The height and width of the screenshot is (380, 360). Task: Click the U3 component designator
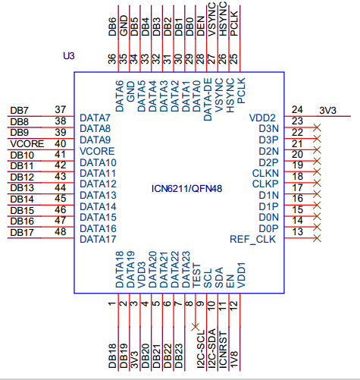point(69,55)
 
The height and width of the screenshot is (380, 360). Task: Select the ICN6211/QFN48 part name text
point(186,189)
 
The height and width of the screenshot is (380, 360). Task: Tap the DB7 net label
point(19,111)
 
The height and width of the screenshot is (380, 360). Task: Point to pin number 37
point(61,110)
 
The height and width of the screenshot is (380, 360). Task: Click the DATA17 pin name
point(98,239)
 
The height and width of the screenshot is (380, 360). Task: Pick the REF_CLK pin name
point(252,239)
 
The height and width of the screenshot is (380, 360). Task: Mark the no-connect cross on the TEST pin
point(196,327)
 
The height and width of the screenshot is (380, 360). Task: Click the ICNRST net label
point(223,350)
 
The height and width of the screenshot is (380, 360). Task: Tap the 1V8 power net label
point(234,360)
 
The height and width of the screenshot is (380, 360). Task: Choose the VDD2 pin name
point(262,118)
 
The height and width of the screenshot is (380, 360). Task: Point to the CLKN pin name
point(265,173)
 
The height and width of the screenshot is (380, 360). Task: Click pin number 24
point(297,110)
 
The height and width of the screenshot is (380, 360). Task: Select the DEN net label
point(201,26)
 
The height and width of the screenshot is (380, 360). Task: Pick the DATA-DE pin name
point(208,99)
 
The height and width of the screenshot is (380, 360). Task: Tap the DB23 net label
point(179,356)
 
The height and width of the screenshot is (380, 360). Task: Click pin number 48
point(61,231)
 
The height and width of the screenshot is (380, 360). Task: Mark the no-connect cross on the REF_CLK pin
point(317,238)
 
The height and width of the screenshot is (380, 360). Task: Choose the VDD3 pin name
point(142,275)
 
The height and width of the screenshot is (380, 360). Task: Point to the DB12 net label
point(22,177)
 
